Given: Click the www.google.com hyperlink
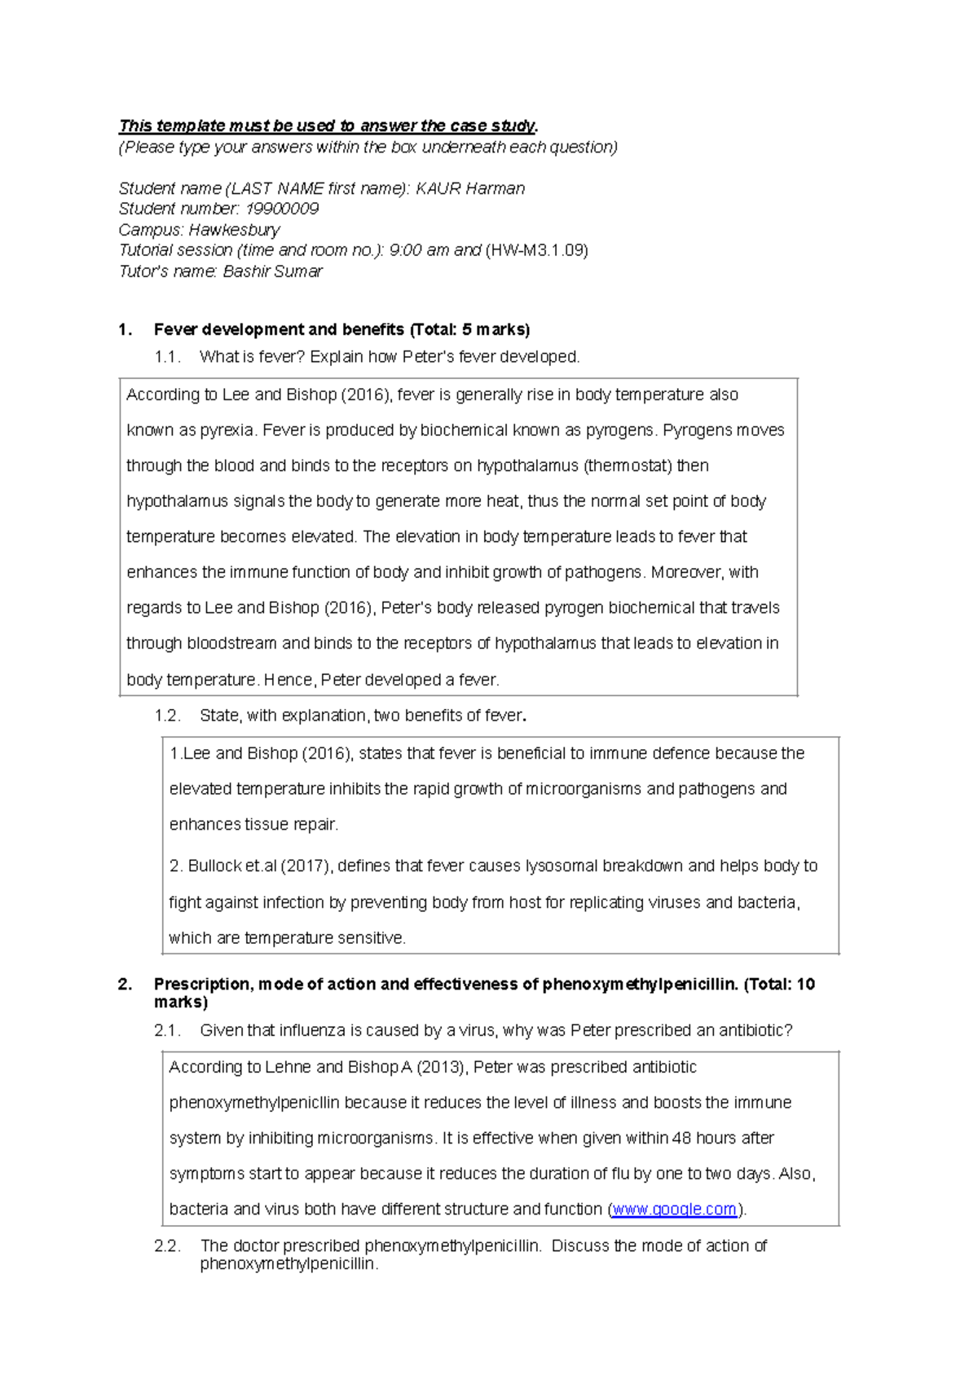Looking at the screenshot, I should click(675, 1209).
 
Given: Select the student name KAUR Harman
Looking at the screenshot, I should click(470, 188).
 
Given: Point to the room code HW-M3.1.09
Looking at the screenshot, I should click(536, 250).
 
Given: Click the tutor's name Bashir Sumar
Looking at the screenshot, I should click(273, 271).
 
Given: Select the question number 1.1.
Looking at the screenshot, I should click(167, 357).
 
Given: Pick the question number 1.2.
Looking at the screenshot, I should click(167, 716).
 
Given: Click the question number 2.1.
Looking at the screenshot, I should click(167, 1030).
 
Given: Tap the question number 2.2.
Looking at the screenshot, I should click(167, 1245).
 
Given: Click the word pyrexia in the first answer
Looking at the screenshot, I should click(227, 430).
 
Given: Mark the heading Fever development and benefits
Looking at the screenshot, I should click(279, 329).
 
